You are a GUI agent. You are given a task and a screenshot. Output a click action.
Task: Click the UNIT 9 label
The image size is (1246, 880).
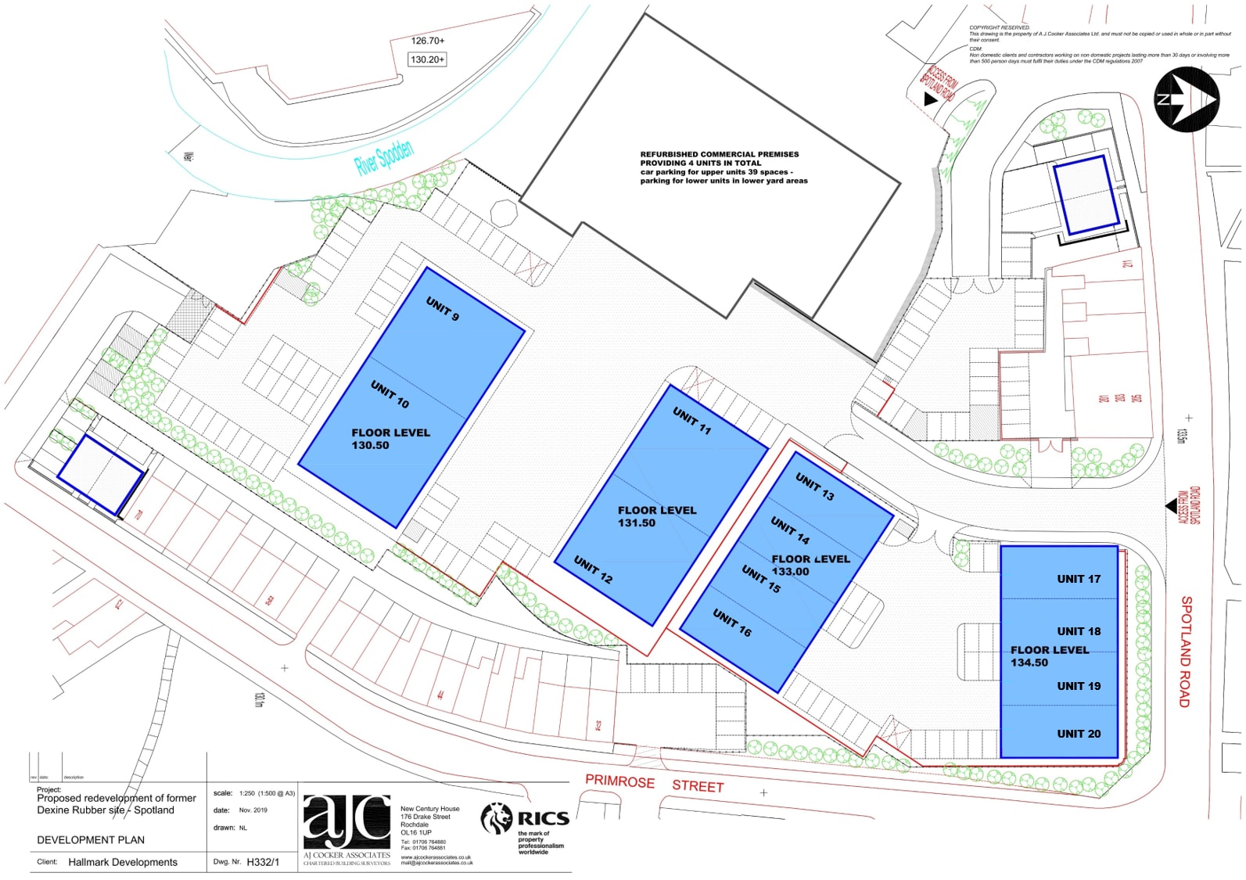click(443, 308)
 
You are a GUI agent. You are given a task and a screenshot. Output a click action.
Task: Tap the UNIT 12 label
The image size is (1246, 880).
click(593, 569)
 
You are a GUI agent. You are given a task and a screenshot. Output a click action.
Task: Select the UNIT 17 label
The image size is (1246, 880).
click(1079, 579)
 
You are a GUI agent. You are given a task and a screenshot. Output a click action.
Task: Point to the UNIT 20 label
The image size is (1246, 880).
click(1079, 734)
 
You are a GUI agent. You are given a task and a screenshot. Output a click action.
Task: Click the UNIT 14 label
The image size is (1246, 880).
click(790, 530)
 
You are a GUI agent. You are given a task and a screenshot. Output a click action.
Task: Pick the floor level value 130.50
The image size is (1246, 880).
click(370, 446)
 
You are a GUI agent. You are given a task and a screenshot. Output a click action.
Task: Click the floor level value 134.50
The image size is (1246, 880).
click(1029, 663)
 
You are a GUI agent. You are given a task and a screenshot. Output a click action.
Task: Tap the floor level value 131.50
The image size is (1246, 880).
click(637, 523)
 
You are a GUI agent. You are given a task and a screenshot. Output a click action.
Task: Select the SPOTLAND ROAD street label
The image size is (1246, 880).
click(1186, 652)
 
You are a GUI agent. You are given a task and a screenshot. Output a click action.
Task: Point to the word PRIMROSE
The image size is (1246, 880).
click(619, 781)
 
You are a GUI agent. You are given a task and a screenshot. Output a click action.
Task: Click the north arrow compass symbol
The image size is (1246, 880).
click(1186, 99)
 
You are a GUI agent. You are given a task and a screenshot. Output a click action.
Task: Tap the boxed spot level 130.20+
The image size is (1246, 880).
click(427, 59)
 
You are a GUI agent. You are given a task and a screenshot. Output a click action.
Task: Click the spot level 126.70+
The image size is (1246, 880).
click(428, 41)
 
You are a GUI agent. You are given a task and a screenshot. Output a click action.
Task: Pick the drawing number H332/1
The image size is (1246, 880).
click(263, 862)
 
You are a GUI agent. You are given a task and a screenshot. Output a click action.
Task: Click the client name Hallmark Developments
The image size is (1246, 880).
click(123, 862)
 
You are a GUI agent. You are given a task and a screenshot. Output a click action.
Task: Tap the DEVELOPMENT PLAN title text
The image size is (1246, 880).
click(91, 840)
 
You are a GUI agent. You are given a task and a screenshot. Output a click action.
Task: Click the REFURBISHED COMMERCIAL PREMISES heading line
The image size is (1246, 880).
click(720, 154)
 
